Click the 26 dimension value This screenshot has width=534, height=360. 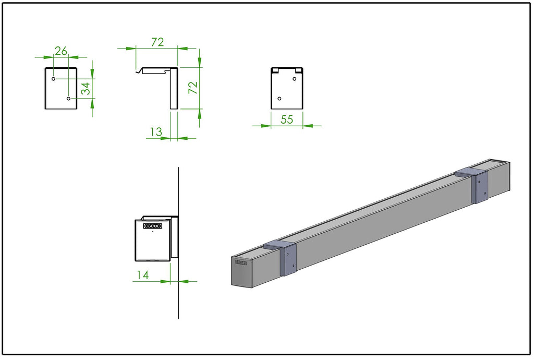pos(61,51)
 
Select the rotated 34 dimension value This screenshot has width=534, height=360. pos(86,88)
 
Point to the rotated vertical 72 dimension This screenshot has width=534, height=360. pos(193,87)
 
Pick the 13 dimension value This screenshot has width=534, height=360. pos(155,132)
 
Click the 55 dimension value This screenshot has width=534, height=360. pos(287,119)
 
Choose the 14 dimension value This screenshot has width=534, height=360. pos(142,275)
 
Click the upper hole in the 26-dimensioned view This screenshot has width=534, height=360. pos(54,79)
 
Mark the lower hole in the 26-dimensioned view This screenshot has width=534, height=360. pos(68,98)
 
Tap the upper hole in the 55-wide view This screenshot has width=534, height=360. pos(295,79)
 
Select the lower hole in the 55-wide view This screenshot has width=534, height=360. pos(280,98)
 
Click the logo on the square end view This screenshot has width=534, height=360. pos(153,226)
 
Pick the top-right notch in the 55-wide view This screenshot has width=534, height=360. pos(298,70)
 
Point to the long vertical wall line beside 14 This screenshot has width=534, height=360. pos(178,303)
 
